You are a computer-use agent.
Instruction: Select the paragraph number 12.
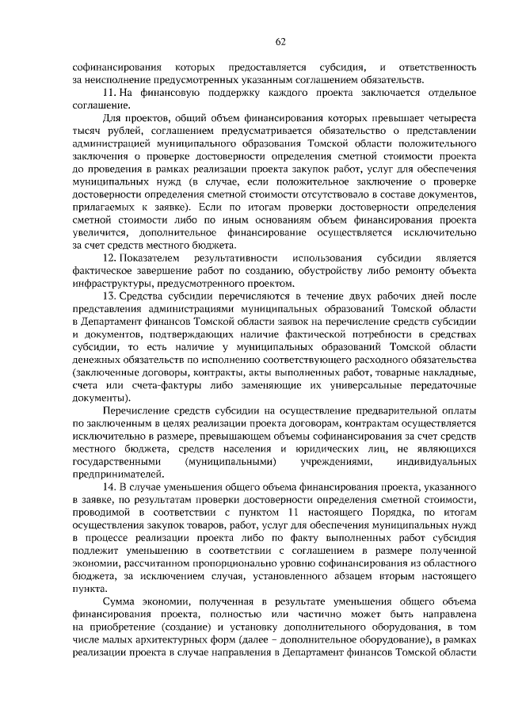pyautogui.click(x=112, y=259)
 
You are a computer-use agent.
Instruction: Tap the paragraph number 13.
pyautogui.click(x=112, y=297)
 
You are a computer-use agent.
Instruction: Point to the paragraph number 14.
pyautogui.click(x=112, y=482)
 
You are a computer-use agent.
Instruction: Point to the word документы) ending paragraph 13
pyautogui.click(x=99, y=397)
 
